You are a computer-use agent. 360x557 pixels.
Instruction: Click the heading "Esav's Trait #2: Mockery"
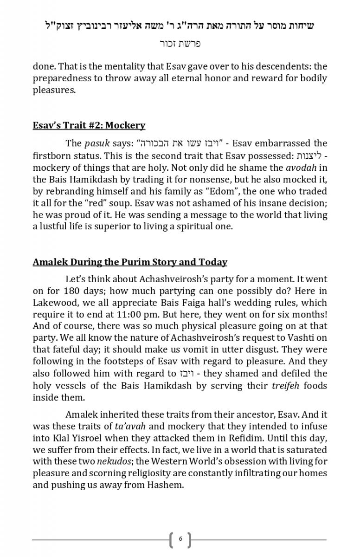point(89,125)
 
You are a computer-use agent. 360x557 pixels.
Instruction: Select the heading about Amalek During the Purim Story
point(130,262)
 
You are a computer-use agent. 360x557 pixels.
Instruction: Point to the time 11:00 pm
point(129,314)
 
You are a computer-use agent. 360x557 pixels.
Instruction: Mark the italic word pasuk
point(97,143)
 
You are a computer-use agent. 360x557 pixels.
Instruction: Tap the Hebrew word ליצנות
point(309,155)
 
